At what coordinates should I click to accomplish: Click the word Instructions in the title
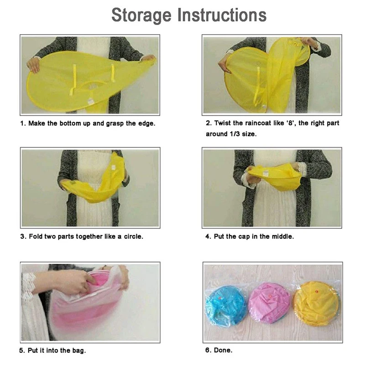[x=222, y=15]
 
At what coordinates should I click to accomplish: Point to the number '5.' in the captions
[x=22, y=351]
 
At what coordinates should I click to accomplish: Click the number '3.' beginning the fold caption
[x=22, y=237]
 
